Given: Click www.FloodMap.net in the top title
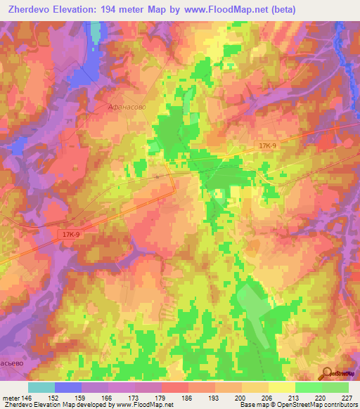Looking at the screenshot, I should pyautogui.click(x=229, y=10).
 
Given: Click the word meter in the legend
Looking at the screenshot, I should pyautogui.click(x=11, y=397).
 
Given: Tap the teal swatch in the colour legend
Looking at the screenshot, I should pyautogui.click(x=41, y=387).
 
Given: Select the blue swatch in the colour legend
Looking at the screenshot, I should pyautogui.click(x=68, y=387).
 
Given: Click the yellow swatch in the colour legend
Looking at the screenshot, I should pyautogui.click(x=282, y=387).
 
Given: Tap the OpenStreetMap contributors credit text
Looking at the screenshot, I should pyautogui.click(x=321, y=405).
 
